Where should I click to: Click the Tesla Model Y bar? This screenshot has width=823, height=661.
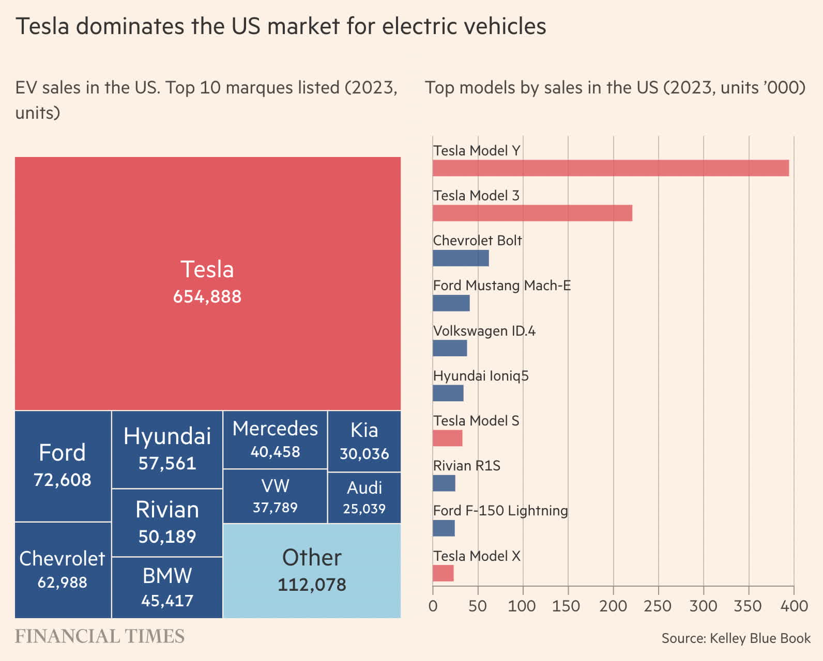(611, 168)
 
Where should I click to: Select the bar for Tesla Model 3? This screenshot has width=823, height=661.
(532, 213)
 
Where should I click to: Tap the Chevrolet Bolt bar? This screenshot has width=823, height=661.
(461, 258)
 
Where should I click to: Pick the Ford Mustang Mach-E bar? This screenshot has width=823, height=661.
(451, 303)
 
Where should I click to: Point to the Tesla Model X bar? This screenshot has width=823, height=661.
(443, 573)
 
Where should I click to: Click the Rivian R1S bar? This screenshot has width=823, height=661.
(444, 483)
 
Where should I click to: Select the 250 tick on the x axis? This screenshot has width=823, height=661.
(658, 606)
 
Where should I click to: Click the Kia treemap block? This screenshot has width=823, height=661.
(364, 441)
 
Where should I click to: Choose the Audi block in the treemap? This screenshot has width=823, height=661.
(364, 497)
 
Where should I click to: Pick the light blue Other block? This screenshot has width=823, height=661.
(312, 571)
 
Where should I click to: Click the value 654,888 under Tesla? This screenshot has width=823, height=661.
(207, 297)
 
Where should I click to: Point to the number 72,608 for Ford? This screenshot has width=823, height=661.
(63, 480)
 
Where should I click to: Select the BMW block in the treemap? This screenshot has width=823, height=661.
(167, 587)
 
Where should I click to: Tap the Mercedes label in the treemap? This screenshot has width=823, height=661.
(275, 429)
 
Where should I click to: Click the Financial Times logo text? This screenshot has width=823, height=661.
(99, 636)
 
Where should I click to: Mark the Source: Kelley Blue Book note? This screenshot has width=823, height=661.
(736, 638)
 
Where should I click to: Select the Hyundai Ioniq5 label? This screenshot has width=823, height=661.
(481, 375)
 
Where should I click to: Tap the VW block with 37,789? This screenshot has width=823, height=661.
(275, 496)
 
